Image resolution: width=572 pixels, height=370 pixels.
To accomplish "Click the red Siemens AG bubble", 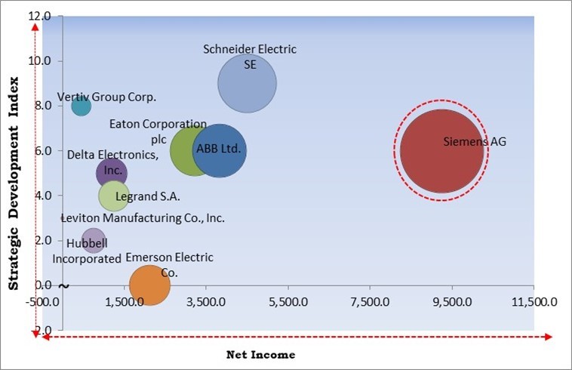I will click(441, 151).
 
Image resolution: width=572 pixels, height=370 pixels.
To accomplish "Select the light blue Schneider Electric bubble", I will click(247, 84).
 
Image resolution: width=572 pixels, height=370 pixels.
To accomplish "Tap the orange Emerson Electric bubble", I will click(149, 285).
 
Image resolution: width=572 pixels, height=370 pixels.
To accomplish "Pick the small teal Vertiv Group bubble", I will click(81, 106).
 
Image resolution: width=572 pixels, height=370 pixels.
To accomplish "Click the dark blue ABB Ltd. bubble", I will click(220, 150).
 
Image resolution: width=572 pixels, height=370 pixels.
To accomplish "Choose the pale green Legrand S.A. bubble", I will click(113, 196).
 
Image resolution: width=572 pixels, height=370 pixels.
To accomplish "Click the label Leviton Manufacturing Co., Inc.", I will click(143, 218).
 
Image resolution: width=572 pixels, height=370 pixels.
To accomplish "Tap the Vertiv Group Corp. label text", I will click(106, 97).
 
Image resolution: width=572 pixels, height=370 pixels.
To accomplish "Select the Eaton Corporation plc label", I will click(158, 131).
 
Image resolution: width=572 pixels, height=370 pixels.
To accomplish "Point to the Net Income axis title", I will click(261, 353).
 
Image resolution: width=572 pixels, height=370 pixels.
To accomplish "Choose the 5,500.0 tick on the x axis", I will click(288, 302).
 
